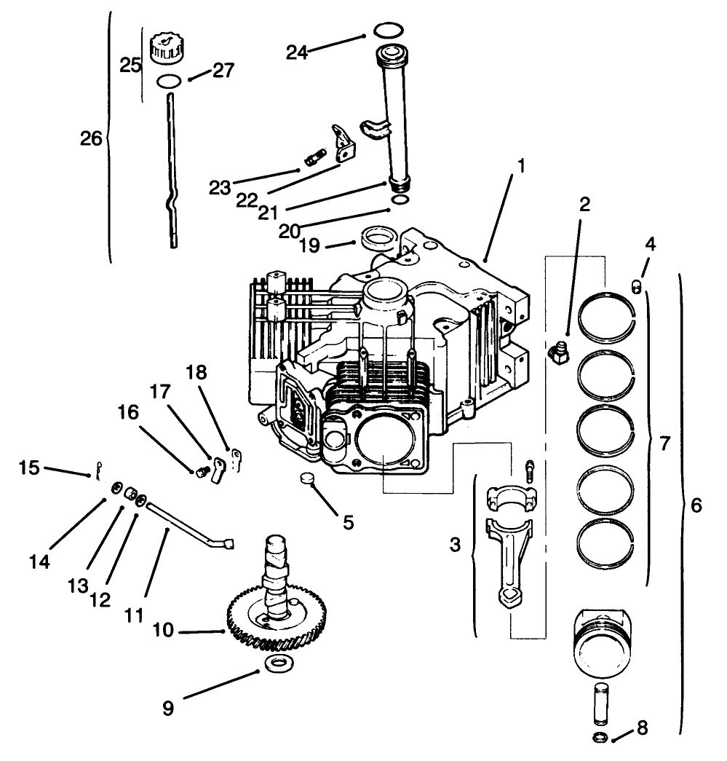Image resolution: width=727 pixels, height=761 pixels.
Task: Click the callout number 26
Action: click(x=91, y=138)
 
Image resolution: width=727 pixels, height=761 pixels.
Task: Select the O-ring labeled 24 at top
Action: click(x=389, y=31)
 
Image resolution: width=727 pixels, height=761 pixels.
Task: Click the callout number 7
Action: click(x=663, y=442)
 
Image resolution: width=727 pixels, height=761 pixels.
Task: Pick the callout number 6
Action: click(x=696, y=505)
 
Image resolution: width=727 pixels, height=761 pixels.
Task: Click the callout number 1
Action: click(x=520, y=165)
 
